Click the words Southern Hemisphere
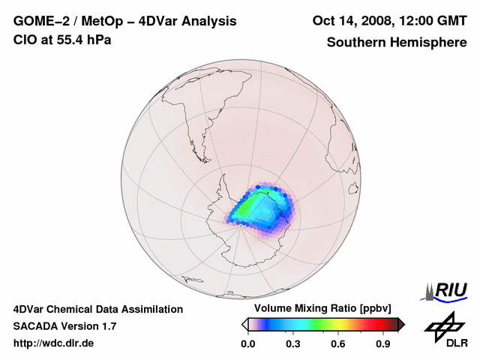tap(397, 42)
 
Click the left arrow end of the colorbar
tap(244, 324)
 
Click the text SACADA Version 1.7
tap(64, 326)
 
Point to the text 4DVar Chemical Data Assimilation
tap(97, 309)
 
